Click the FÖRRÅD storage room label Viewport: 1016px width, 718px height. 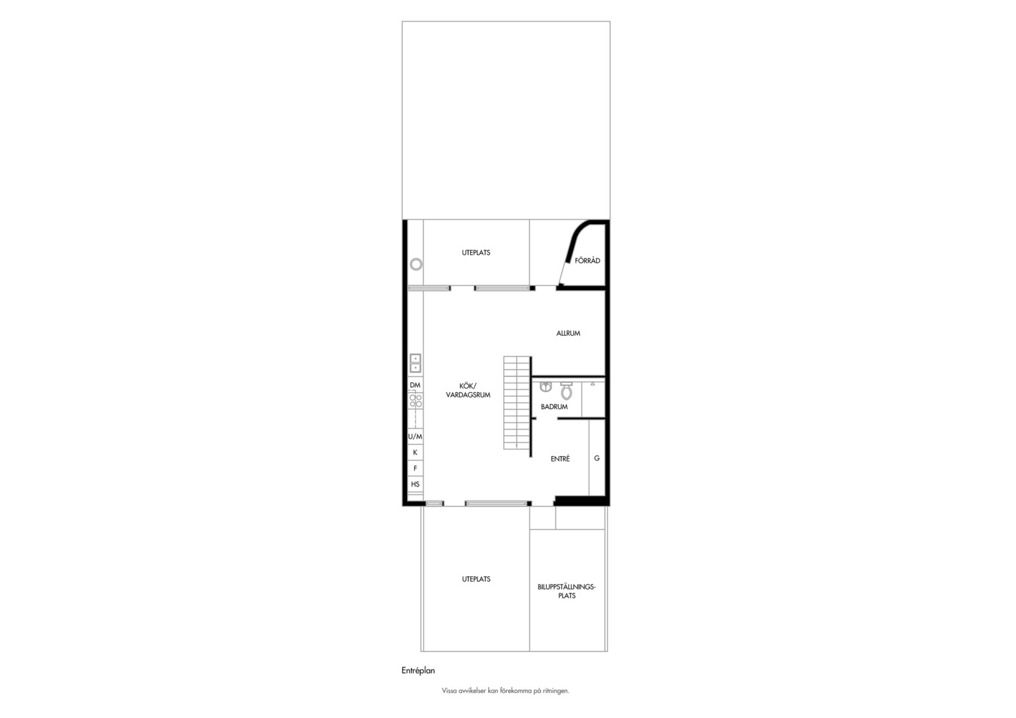587,261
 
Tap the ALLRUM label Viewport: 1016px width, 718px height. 568,333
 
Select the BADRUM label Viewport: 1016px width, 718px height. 554,407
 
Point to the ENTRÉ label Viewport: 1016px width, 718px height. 560,459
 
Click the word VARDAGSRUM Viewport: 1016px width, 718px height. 467,395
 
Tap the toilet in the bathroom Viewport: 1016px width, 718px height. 566,390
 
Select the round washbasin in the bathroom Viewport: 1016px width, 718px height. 546,386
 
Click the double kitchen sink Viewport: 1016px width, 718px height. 415,363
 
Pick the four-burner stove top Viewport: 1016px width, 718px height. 416,401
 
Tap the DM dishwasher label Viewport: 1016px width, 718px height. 415,385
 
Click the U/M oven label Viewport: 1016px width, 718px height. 415,437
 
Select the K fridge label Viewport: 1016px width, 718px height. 415,453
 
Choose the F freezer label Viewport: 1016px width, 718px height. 415,468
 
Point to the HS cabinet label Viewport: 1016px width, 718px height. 415,484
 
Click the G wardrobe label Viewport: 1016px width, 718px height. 596,458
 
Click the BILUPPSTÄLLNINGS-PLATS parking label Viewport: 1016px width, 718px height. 567,591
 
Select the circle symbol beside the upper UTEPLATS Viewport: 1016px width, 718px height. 416,264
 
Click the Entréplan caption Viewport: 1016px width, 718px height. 418,670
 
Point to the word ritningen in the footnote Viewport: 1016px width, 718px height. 556,691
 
